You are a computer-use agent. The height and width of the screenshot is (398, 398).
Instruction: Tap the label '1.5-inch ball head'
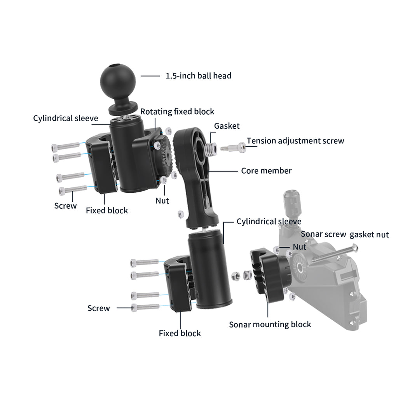click(198, 75)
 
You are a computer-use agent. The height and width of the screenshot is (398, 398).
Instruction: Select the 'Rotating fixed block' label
click(177, 112)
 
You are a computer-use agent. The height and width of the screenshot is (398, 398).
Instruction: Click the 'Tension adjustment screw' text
click(295, 141)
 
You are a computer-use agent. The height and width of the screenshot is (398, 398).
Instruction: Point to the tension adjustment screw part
click(233, 148)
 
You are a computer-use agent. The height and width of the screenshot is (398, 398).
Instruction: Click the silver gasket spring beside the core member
click(210, 148)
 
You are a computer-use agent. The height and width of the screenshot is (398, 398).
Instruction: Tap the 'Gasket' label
click(227, 126)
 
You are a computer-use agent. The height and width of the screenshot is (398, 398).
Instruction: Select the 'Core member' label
click(266, 171)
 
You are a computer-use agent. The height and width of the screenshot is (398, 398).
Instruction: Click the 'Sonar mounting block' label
click(270, 324)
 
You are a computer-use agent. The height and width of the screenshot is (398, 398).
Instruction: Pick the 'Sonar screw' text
click(323, 234)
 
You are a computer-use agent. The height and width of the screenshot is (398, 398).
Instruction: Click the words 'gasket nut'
click(369, 234)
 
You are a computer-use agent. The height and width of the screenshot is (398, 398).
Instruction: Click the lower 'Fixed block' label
click(180, 333)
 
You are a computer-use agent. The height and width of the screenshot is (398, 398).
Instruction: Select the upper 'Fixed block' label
click(106, 210)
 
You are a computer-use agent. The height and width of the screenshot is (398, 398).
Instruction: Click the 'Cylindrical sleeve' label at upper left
click(65, 118)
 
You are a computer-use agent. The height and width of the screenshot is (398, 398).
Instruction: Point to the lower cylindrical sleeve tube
click(209, 268)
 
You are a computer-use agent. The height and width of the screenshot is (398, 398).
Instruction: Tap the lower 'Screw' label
click(98, 308)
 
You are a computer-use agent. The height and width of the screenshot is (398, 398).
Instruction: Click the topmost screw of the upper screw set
click(65, 147)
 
